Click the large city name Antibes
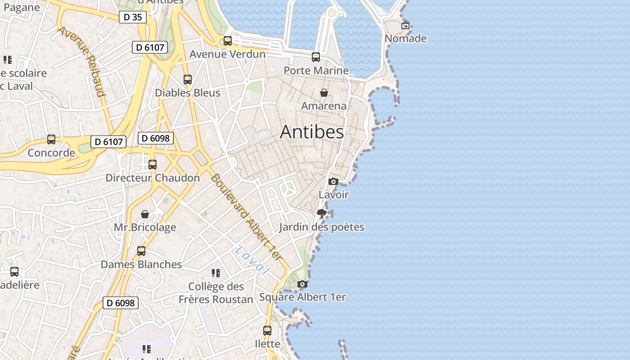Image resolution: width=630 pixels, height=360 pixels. [x=312, y=132]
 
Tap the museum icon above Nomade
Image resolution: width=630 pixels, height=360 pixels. [x=405, y=25]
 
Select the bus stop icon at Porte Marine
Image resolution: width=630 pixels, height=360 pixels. [x=316, y=57]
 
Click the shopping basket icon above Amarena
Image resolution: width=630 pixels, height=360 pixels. [x=324, y=93]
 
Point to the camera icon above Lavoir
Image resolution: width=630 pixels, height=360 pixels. [x=333, y=181]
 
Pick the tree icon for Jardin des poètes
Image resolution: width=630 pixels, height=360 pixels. [x=321, y=213]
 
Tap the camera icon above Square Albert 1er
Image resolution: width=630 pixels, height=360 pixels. [x=302, y=284]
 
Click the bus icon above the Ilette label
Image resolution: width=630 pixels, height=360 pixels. [x=267, y=330]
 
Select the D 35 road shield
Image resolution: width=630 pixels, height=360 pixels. [x=133, y=18]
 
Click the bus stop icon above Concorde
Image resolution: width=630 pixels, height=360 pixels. [x=51, y=139]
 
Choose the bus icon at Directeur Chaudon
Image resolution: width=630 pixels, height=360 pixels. [x=153, y=165]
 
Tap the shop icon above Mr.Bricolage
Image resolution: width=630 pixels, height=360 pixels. [x=145, y=214]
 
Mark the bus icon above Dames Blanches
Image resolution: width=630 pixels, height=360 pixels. [x=141, y=251]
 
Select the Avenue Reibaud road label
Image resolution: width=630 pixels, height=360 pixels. [x=82, y=62]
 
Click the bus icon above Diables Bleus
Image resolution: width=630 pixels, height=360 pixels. [x=188, y=80]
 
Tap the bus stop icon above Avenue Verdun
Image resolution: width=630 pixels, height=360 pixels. [x=228, y=41]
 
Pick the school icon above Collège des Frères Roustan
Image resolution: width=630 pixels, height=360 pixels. [x=216, y=273]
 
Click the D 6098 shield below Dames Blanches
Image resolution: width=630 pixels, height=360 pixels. [x=121, y=303]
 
